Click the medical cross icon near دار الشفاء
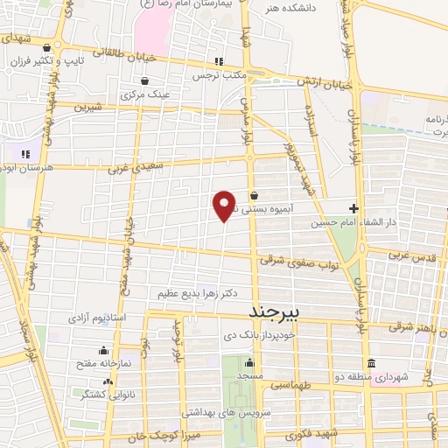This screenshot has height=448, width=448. click(x=353, y=208)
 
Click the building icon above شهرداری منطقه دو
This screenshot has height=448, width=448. click(x=371, y=363)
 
